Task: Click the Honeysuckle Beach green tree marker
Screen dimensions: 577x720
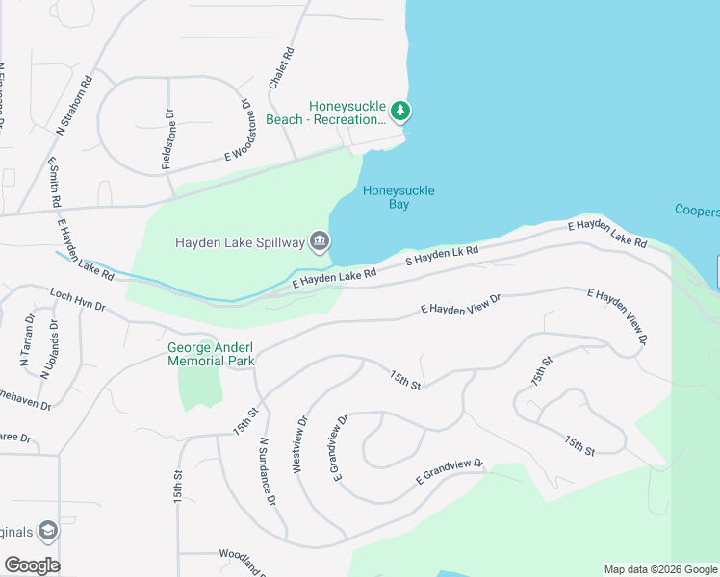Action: (x=400, y=113)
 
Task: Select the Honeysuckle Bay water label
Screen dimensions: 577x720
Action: (x=399, y=197)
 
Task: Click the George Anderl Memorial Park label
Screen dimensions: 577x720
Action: (x=211, y=355)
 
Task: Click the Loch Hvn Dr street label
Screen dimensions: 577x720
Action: (x=77, y=298)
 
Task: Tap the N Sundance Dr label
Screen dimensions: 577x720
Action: (x=268, y=472)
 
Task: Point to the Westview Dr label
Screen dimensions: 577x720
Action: (x=298, y=444)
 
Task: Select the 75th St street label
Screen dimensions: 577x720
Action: (x=542, y=371)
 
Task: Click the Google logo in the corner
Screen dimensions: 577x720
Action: (x=31, y=565)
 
